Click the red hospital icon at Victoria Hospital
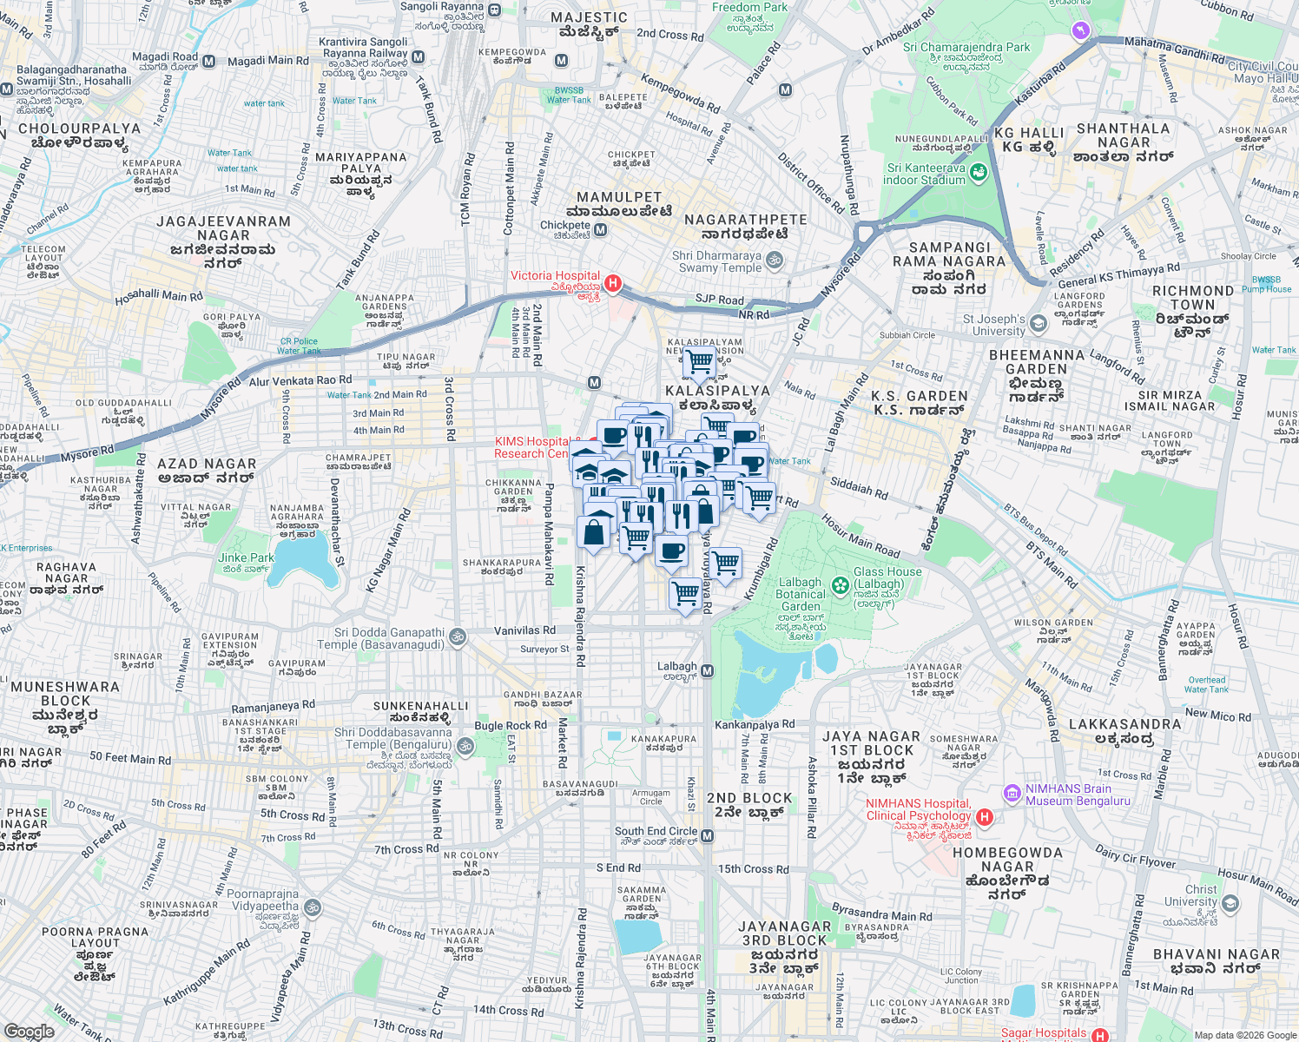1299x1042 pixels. [613, 283]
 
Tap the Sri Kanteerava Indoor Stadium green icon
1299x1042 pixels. [979, 173]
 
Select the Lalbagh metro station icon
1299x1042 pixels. [708, 671]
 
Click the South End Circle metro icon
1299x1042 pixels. [708, 836]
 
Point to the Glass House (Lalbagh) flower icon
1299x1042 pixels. [840, 584]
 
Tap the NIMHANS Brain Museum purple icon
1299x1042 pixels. [1012, 794]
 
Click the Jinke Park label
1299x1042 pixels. [246, 557]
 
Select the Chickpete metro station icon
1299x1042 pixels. [600, 230]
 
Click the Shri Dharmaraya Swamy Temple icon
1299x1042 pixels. [775, 260]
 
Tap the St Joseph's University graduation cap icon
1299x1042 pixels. [1039, 325]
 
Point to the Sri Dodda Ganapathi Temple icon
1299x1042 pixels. [458, 638]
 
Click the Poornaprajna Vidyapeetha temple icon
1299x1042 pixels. [313, 908]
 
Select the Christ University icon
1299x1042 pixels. [1230, 903]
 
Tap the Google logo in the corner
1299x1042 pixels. [30, 1032]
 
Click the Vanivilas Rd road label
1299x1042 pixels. [524, 630]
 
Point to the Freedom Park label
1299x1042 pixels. [749, 8]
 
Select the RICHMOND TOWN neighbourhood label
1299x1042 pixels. [1192, 298]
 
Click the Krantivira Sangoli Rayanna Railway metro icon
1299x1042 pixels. [418, 57]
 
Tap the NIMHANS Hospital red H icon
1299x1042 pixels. [984, 816]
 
